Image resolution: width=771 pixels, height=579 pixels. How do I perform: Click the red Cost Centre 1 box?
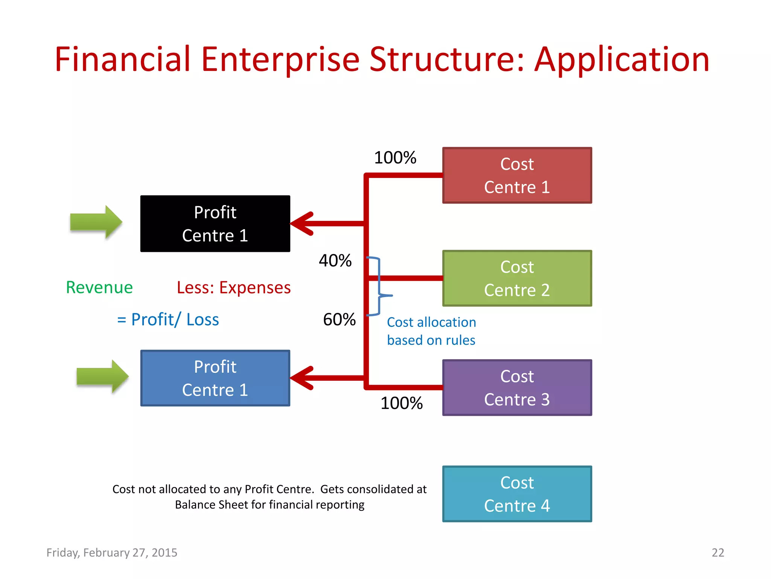coord(517,176)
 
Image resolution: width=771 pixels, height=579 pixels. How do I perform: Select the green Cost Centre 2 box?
coord(517,279)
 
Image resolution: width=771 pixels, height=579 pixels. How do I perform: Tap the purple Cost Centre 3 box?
coord(517,388)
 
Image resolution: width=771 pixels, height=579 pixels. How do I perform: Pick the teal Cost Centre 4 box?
coord(517,494)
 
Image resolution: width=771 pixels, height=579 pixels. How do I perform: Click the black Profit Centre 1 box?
coord(215,224)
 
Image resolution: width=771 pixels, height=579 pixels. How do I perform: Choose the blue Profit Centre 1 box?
coord(215,378)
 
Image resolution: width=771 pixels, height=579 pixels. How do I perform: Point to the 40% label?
coord(335,261)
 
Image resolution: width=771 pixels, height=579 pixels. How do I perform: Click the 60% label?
coord(339,320)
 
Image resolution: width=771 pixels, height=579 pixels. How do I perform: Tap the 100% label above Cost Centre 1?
coord(395,158)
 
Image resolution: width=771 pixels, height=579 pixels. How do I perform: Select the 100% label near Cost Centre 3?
coord(401,403)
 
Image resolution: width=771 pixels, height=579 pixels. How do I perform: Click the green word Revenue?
coord(99,288)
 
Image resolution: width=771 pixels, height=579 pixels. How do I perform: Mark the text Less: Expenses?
coord(234,288)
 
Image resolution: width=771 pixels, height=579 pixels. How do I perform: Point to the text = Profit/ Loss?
coord(168,320)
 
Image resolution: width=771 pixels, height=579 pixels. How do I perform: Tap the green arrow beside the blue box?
coord(103,376)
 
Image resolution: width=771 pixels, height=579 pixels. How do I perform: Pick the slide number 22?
coord(718,553)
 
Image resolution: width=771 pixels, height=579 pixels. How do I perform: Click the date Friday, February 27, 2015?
coord(112,553)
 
